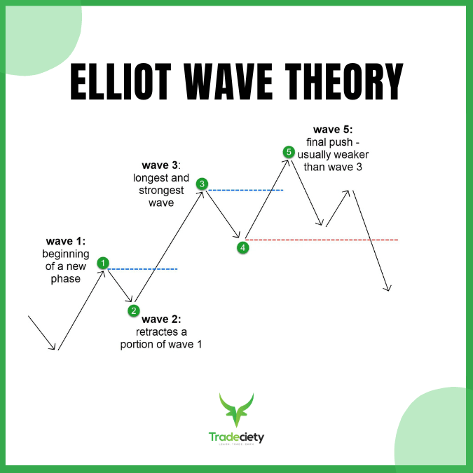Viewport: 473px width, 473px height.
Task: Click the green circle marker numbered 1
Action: [104, 263]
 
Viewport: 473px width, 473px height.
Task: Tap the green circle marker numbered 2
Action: [133, 310]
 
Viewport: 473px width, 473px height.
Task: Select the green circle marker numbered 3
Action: [202, 184]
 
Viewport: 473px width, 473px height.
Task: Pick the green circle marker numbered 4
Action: [242, 247]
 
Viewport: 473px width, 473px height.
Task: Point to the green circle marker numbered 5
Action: [287, 151]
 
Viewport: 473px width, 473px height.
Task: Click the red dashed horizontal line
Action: [322, 240]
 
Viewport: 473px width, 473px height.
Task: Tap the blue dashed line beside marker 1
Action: [144, 269]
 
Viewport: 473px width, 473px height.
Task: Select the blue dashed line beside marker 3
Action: [245, 190]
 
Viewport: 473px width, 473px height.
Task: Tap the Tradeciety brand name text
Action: [236, 437]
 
